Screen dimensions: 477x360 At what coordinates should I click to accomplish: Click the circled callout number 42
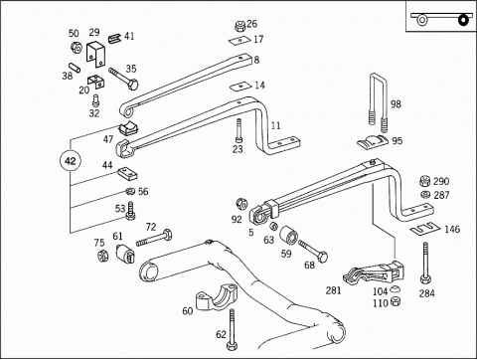click(x=71, y=161)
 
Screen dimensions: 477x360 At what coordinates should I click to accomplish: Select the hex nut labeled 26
click(x=240, y=26)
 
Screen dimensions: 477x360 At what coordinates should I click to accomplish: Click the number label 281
click(x=333, y=290)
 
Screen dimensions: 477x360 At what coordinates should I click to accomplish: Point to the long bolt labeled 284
click(x=425, y=263)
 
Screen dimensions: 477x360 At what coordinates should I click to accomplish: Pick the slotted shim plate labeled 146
click(x=425, y=229)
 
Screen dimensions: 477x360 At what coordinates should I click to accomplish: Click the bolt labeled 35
click(x=123, y=79)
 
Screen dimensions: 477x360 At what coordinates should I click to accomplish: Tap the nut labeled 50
click(x=76, y=48)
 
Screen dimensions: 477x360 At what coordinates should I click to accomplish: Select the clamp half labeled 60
click(x=217, y=296)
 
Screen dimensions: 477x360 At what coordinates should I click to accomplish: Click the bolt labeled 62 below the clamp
click(x=232, y=329)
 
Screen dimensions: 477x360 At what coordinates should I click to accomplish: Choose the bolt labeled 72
click(x=154, y=238)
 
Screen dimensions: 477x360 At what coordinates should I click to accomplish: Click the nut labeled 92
click(x=241, y=204)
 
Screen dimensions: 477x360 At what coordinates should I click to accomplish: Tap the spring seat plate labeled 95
click(x=372, y=142)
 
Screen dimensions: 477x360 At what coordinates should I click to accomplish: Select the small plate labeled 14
click(x=239, y=87)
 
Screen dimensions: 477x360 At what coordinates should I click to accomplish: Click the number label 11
click(x=275, y=125)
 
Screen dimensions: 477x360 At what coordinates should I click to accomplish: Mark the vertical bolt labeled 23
click(x=238, y=131)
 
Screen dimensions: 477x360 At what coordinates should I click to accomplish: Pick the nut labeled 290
click(x=424, y=181)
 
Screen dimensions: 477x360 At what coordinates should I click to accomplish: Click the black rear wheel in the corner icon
click(x=464, y=20)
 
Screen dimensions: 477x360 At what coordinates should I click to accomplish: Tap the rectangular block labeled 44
click(x=128, y=173)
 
